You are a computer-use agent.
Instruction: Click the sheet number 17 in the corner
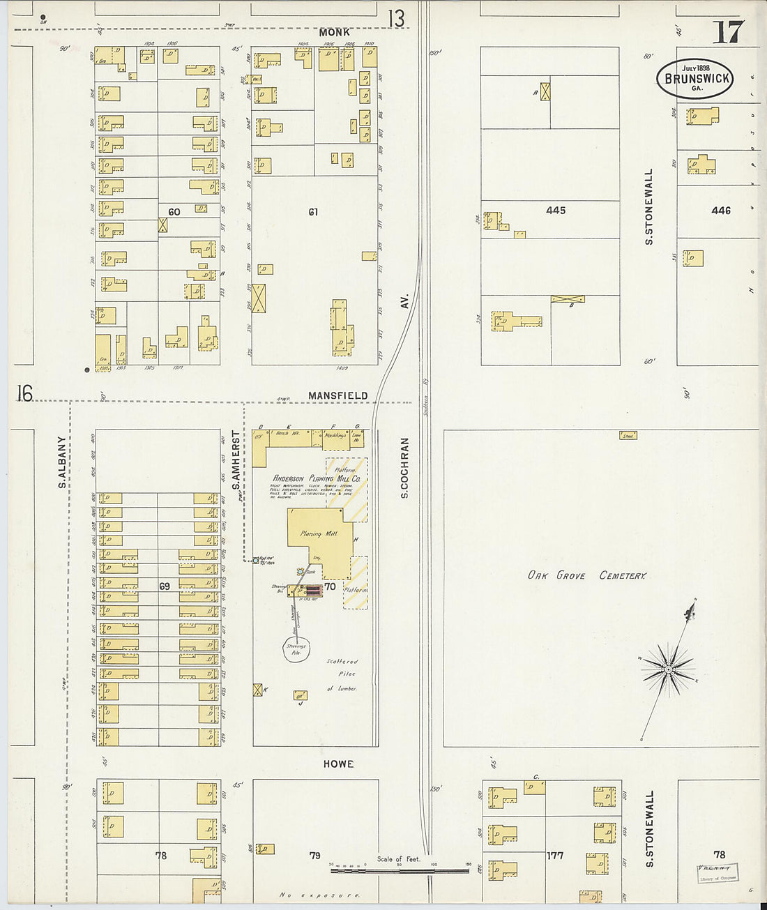(727, 31)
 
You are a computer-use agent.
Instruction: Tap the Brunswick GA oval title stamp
(694, 78)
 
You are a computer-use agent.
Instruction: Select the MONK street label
(334, 32)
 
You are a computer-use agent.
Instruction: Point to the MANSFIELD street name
(337, 395)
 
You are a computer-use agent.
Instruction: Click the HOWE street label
(338, 764)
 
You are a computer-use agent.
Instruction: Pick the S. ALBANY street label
(62, 462)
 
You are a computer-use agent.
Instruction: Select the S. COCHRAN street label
(404, 468)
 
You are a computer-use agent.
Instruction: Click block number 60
(174, 212)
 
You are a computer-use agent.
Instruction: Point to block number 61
(313, 212)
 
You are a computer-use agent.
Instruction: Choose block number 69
(165, 586)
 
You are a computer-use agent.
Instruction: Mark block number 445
(556, 210)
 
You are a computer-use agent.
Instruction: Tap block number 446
(721, 210)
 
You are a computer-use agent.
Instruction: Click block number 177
(555, 855)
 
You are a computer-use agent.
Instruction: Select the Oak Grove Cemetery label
(586, 575)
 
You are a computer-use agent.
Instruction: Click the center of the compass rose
(668, 669)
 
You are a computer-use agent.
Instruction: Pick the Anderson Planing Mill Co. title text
(317, 478)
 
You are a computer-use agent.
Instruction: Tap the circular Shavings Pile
(296, 649)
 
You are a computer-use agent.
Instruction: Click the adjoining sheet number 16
(24, 393)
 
